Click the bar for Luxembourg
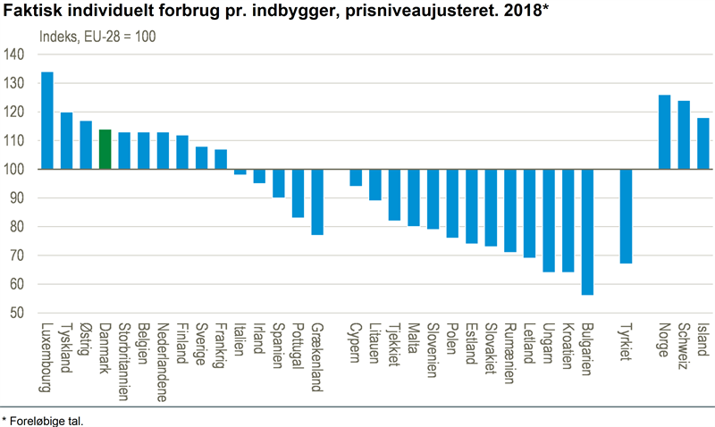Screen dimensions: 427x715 [47, 121]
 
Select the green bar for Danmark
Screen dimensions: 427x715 [105, 149]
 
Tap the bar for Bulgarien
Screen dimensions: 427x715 [587, 231]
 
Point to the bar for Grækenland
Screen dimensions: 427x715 [317, 202]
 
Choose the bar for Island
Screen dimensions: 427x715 [703, 144]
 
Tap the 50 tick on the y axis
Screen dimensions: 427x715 [17, 314]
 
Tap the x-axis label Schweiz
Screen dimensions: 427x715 [684, 344]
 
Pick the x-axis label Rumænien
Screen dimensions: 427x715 [509, 353]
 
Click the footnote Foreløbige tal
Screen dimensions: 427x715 [50, 418]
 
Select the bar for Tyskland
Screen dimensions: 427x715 [67, 141]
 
